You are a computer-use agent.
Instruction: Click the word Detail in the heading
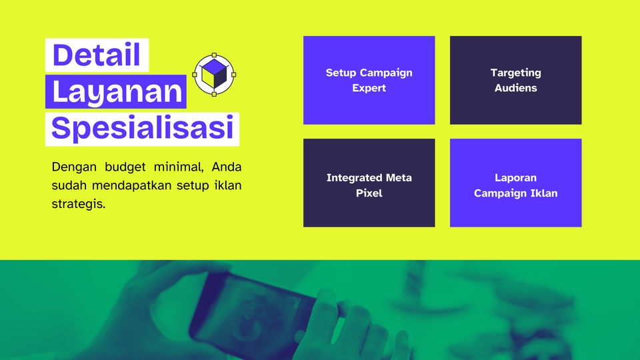tap(96, 55)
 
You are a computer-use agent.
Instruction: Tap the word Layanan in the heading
tap(117, 92)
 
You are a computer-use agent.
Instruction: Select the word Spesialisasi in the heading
tap(143, 128)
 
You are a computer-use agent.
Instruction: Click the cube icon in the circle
tap(214, 74)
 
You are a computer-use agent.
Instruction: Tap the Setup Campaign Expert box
tap(369, 80)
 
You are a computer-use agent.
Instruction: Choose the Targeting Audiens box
tap(515, 80)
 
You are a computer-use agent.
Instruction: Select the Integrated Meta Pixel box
tap(369, 183)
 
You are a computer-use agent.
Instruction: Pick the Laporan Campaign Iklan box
tap(515, 183)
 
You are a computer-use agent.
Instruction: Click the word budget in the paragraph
tap(125, 167)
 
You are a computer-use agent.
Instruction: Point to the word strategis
tap(79, 204)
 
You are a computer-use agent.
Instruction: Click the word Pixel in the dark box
tap(369, 193)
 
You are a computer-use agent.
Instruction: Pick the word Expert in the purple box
tap(369, 88)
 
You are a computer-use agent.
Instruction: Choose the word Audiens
tap(515, 88)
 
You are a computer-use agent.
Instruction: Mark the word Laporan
tap(515, 178)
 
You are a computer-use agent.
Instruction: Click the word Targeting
tap(515, 73)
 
